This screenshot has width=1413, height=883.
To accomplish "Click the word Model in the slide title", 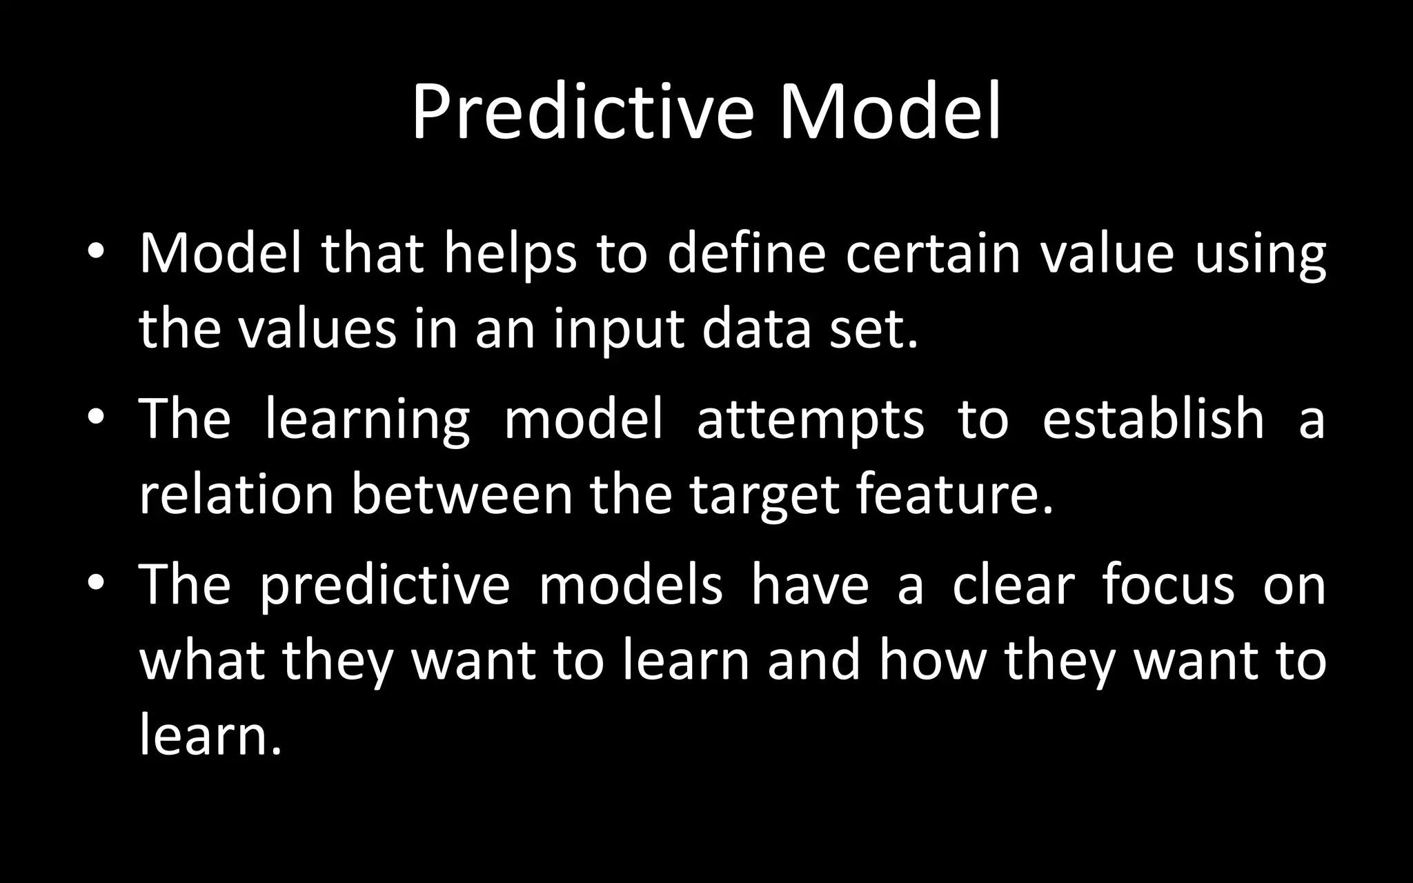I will [x=890, y=112].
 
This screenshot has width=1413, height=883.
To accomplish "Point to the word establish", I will [x=1153, y=418].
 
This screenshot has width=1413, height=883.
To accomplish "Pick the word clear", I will [x=1014, y=585].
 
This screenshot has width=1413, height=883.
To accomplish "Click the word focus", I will [x=1168, y=585].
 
